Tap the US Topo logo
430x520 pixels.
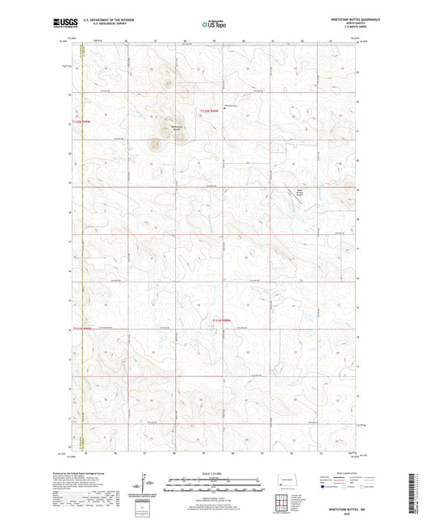tap(214, 24)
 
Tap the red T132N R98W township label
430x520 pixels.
tap(211, 111)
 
